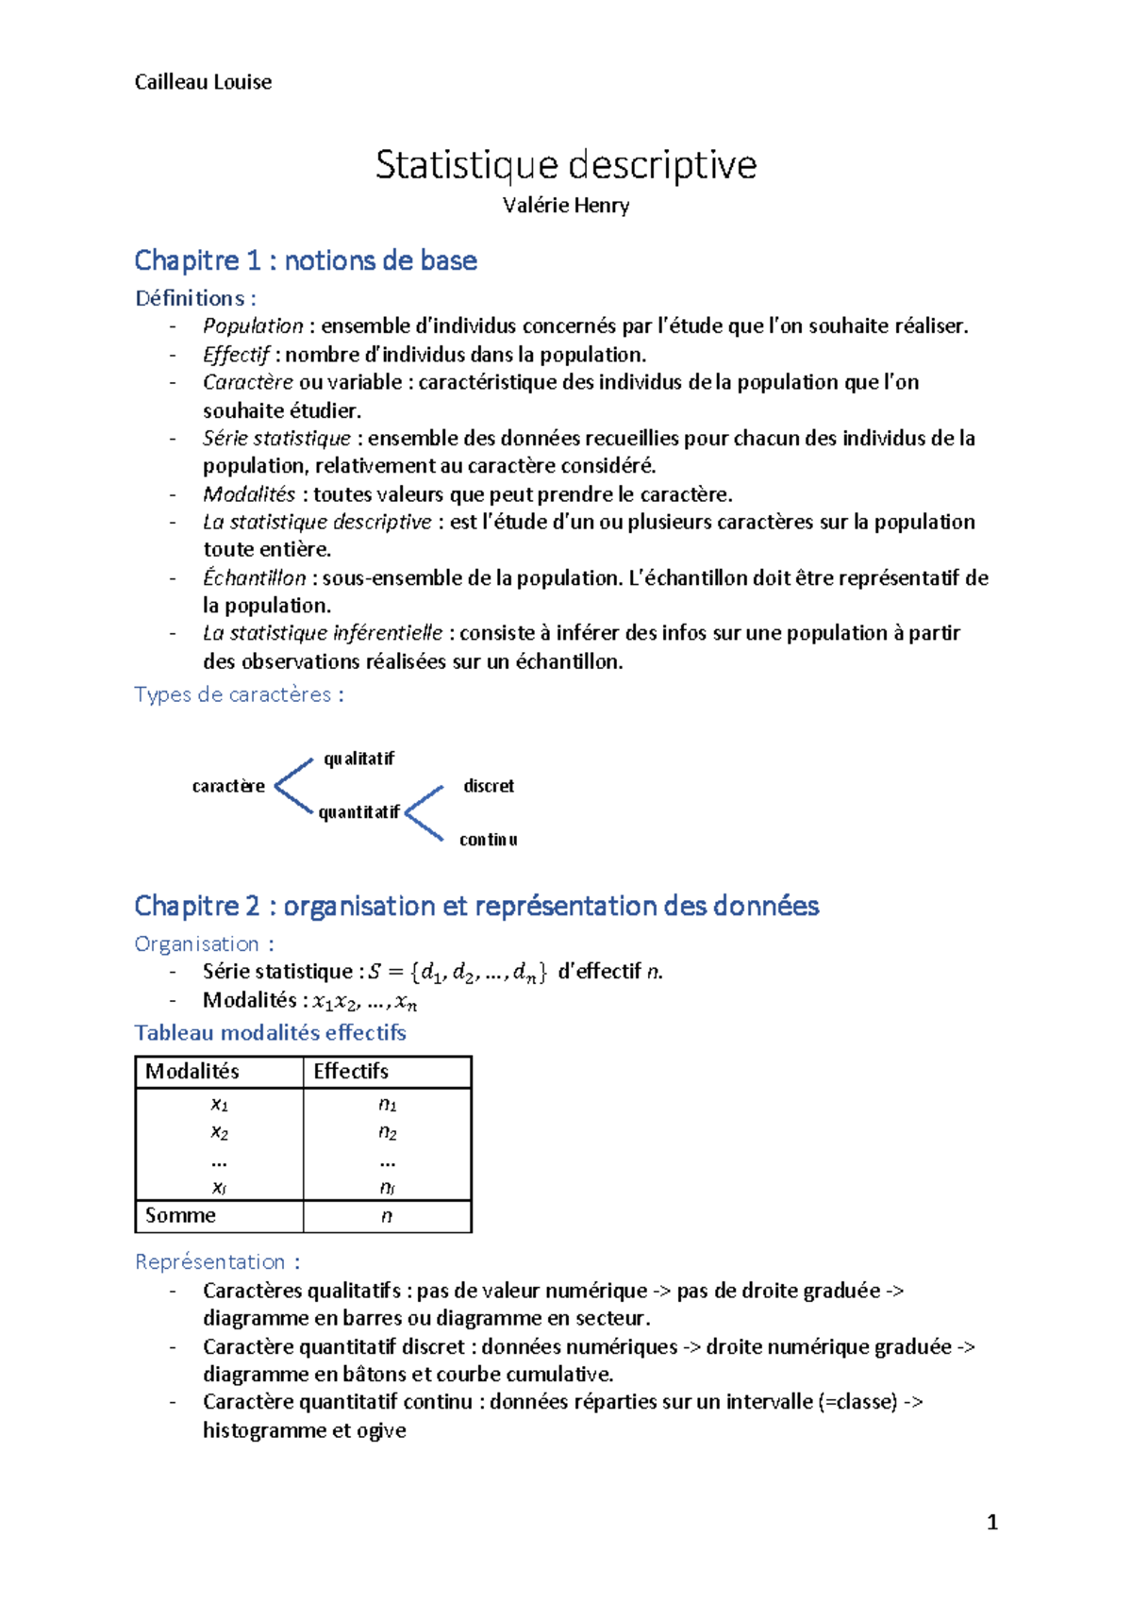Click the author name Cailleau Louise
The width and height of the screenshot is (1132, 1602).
(x=203, y=82)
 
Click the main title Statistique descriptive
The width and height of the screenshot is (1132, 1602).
(x=565, y=165)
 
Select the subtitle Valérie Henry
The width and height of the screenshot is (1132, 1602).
(x=565, y=206)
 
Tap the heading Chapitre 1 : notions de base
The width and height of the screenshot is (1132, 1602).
(x=306, y=260)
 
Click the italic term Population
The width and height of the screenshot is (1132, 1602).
(x=253, y=326)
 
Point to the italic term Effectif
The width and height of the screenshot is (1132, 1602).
(x=236, y=355)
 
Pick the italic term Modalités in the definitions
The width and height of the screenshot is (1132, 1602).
(x=249, y=494)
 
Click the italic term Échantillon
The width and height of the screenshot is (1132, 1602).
(x=254, y=577)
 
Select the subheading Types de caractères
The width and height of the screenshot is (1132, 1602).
(x=239, y=694)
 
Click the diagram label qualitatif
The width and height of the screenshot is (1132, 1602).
(x=358, y=759)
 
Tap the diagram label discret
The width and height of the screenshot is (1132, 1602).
(x=489, y=786)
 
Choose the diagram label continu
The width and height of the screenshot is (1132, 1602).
(x=488, y=840)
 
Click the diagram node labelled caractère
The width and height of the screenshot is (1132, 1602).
(x=228, y=786)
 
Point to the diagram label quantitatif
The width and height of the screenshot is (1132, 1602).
(x=358, y=812)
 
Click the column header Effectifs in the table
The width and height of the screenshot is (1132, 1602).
(x=351, y=1071)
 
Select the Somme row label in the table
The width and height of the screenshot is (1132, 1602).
(x=180, y=1215)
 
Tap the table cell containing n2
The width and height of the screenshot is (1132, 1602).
(x=387, y=1132)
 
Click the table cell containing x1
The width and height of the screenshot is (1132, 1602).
(x=219, y=1104)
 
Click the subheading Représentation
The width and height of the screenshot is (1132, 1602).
(x=217, y=1261)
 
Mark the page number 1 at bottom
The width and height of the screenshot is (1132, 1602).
(x=991, y=1522)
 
